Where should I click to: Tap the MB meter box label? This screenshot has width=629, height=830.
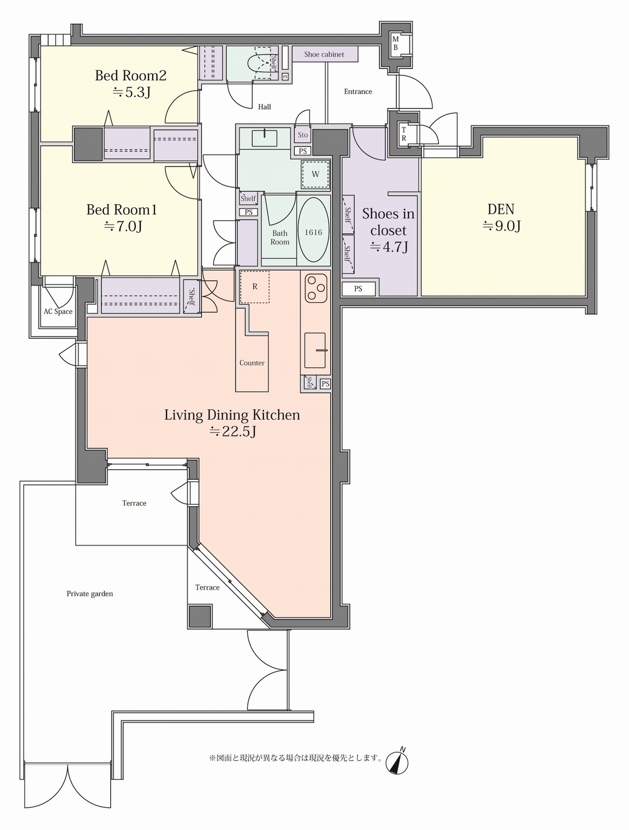[395, 43]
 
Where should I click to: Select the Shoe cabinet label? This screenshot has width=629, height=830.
[324, 55]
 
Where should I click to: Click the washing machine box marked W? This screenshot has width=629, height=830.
[315, 174]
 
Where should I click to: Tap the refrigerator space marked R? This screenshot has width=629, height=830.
[254, 287]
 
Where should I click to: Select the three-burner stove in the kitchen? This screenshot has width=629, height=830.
[316, 288]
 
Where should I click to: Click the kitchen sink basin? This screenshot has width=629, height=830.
[315, 350]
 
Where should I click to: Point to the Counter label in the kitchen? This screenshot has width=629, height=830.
[252, 363]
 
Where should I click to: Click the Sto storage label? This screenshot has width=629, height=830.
[303, 135]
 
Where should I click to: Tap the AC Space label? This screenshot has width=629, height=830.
[58, 312]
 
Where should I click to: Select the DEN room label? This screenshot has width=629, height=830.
[501, 209]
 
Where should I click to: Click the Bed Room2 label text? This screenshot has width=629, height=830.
[131, 75]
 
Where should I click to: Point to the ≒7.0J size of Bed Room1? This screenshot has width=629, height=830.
[123, 226]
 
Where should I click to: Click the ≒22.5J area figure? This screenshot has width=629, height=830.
[233, 431]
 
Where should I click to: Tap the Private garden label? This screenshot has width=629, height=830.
[89, 594]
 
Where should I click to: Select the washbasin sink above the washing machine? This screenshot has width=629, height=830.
[265, 138]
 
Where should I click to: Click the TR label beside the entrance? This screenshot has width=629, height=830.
[404, 134]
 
